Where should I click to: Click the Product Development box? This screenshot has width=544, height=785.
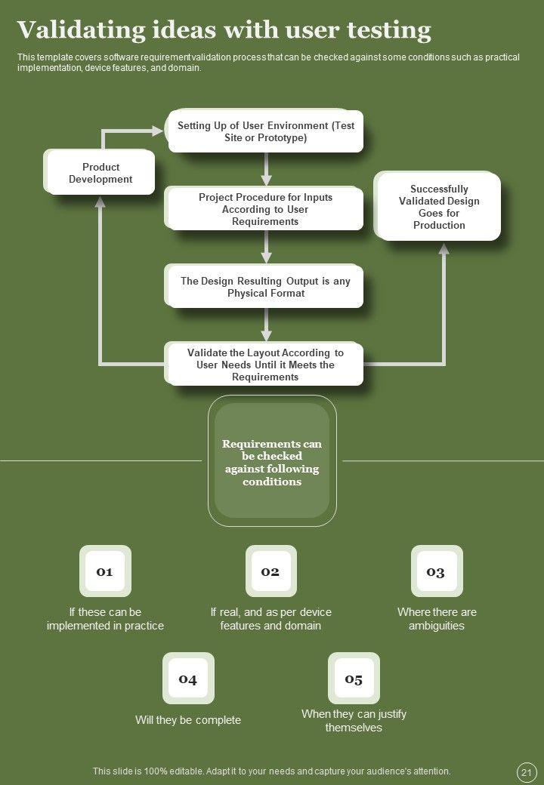click(x=100, y=173)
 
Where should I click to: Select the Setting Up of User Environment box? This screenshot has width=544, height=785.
click(x=266, y=131)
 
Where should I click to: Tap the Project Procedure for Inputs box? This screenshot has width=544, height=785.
click(x=266, y=209)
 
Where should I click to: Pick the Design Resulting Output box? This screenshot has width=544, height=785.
click(x=266, y=286)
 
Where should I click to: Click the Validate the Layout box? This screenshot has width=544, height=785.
click(x=265, y=365)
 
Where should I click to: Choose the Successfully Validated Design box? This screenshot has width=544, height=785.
click(x=439, y=207)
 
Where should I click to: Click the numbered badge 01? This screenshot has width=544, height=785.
click(x=105, y=571)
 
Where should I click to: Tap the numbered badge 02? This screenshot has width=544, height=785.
click(x=270, y=571)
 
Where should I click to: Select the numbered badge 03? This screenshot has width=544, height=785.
click(x=436, y=571)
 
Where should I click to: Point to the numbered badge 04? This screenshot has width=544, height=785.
click(x=188, y=679)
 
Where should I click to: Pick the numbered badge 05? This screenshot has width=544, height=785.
click(x=354, y=679)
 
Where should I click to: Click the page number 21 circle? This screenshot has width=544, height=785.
click(x=526, y=772)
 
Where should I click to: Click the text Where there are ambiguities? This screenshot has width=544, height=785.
click(x=437, y=618)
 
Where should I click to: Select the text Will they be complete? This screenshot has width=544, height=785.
click(x=188, y=720)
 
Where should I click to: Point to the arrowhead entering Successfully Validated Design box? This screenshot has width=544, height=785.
click(x=444, y=249)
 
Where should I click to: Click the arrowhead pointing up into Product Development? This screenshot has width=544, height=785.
click(x=100, y=202)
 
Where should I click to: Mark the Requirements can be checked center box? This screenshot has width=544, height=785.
click(x=272, y=462)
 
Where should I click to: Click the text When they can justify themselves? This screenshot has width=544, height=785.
click(x=354, y=720)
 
